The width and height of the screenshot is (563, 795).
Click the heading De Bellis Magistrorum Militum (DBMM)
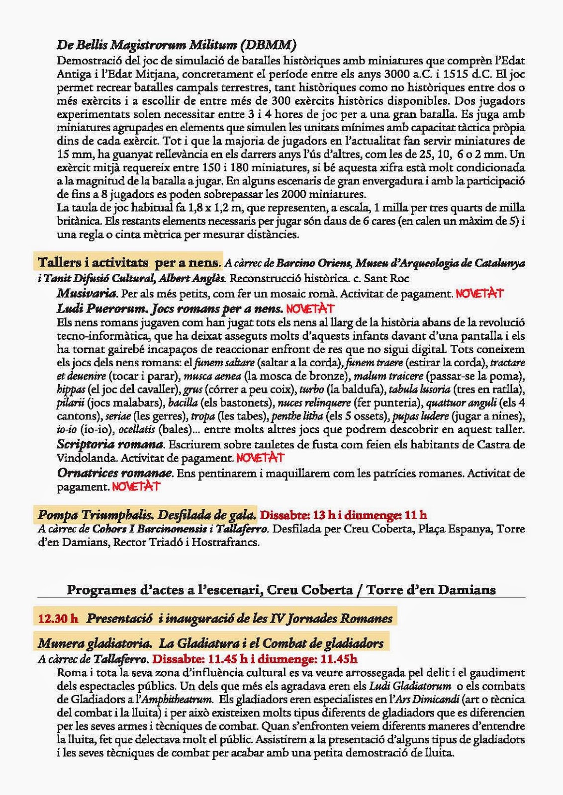coord(177,45)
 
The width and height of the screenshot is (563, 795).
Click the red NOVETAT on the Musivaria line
coord(479,293)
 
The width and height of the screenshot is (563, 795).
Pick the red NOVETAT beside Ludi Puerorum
coord(310,309)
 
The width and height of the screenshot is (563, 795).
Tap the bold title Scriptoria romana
coord(110,444)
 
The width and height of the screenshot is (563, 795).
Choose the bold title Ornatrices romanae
coord(115,473)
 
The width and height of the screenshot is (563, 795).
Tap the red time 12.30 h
coord(58,619)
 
